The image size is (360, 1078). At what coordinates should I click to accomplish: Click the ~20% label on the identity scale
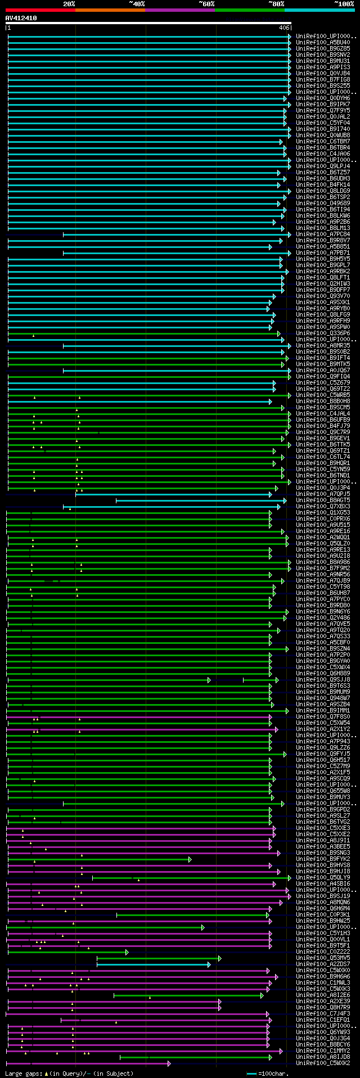coord(69,4)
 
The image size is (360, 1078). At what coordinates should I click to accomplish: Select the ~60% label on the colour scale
coord(206,4)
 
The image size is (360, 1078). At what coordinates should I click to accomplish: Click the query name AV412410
coord(21,18)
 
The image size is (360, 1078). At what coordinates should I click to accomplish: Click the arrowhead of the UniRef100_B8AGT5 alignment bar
coord(285,500)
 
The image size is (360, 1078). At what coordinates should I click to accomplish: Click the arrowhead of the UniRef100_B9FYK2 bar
coord(190,859)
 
